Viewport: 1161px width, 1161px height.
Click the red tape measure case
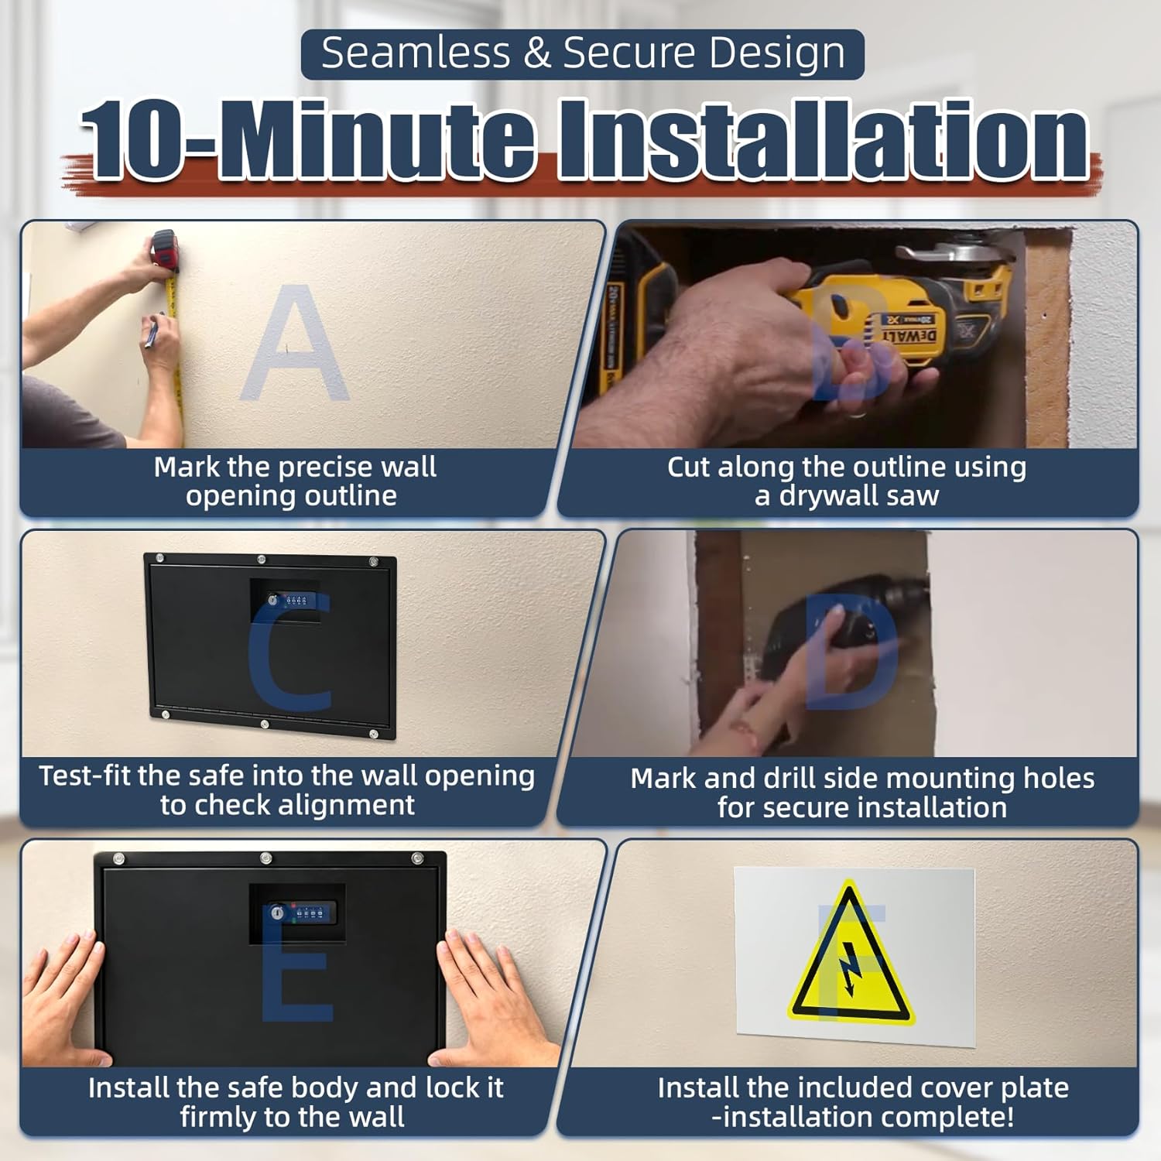165,249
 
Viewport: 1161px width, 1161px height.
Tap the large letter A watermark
294,344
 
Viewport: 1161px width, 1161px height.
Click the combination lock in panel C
288,600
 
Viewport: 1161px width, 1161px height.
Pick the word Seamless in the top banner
416,53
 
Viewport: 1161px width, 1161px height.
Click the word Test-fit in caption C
85,776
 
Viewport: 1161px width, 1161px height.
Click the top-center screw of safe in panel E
265,858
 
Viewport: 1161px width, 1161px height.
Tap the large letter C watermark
290,654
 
